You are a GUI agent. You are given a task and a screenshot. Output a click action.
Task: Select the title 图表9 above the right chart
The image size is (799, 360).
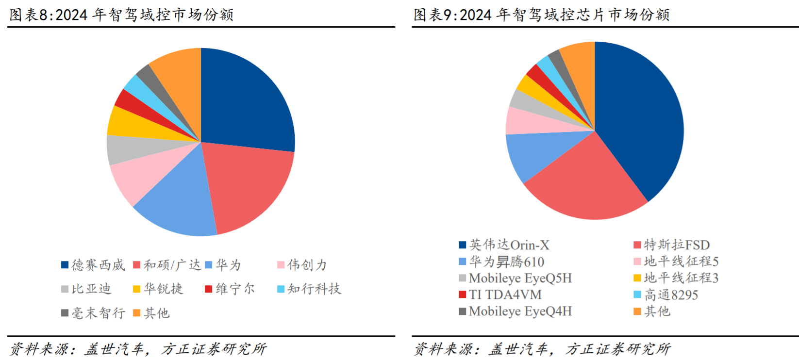click(x=541, y=15)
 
